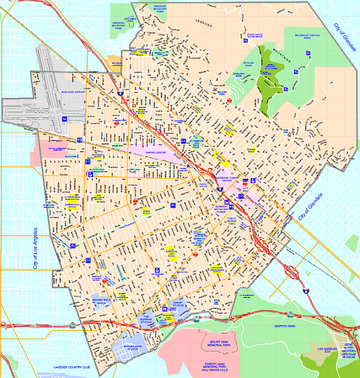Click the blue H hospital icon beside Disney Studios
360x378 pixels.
click(x=164, y=310)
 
